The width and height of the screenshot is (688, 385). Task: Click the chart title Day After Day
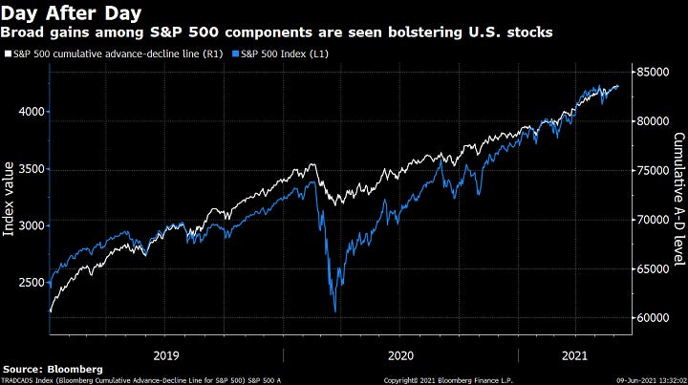(73, 13)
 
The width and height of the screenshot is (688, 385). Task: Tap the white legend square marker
(7, 52)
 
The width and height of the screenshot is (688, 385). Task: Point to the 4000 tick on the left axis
(31, 112)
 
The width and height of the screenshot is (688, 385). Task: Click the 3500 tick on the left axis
(31, 168)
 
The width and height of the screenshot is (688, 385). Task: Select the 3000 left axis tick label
(31, 225)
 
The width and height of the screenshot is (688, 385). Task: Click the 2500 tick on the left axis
(31, 282)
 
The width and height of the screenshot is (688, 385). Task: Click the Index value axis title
(11, 200)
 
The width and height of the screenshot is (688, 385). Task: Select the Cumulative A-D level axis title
(677, 200)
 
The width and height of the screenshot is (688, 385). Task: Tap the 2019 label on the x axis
(167, 354)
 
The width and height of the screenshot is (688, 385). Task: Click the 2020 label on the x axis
(400, 354)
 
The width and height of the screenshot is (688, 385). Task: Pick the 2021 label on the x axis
(575, 354)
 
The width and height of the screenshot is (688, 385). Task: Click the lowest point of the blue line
(335, 311)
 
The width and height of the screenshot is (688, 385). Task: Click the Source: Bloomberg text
(53, 369)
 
